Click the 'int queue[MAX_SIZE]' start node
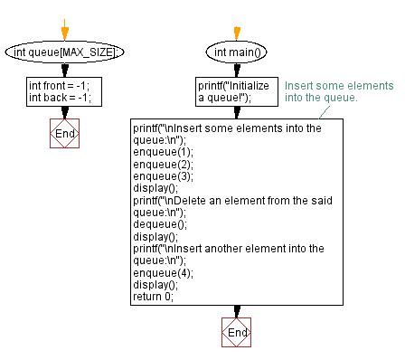point(62,52)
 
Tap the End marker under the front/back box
point(63,133)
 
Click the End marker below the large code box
point(236,334)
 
